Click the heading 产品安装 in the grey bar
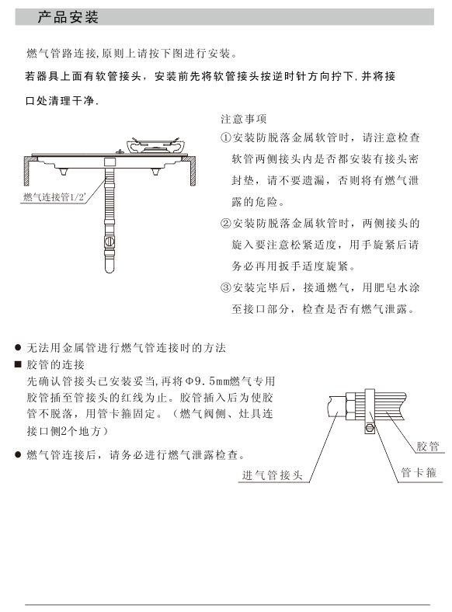[x=68, y=17]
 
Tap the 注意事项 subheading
[x=244, y=119]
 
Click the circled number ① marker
[x=225, y=137]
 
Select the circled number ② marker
[x=225, y=224]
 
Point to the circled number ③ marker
[x=225, y=287]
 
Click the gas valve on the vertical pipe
[x=110, y=242]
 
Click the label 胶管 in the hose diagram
[x=427, y=446]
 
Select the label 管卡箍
[x=419, y=473]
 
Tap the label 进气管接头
[x=272, y=475]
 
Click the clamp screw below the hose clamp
[x=369, y=428]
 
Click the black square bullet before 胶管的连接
[x=18, y=364]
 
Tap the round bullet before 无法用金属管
[x=18, y=347]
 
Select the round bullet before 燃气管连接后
[x=18, y=454]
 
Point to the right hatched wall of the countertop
[x=193, y=171]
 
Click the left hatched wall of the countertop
[x=27, y=171]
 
